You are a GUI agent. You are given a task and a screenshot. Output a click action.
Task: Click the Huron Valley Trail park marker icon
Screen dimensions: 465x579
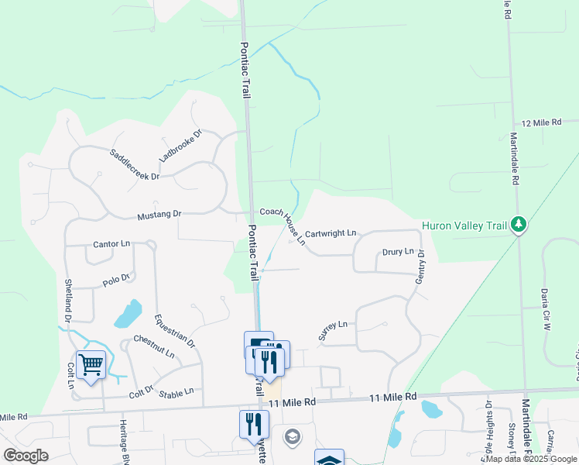519,226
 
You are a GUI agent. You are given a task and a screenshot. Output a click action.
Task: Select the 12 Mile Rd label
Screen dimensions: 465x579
550,123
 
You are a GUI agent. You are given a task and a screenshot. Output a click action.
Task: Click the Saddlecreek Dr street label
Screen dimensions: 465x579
134,164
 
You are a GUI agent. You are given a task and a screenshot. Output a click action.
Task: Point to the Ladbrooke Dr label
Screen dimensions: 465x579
180,145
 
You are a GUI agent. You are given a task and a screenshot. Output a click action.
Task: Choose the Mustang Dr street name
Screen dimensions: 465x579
159,214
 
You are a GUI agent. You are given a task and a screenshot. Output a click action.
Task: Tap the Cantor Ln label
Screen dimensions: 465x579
111,243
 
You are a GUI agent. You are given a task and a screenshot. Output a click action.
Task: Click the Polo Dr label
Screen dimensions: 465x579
118,277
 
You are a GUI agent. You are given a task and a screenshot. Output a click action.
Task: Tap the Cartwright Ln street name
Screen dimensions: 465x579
331,232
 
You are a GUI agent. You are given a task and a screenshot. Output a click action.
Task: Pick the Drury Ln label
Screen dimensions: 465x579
398,252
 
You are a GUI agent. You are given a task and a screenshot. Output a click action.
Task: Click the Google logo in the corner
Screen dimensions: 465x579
26,455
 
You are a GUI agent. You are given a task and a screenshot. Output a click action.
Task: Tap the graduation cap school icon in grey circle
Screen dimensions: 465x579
292,436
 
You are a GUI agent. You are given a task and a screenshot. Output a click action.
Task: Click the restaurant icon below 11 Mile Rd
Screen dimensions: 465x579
254,422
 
